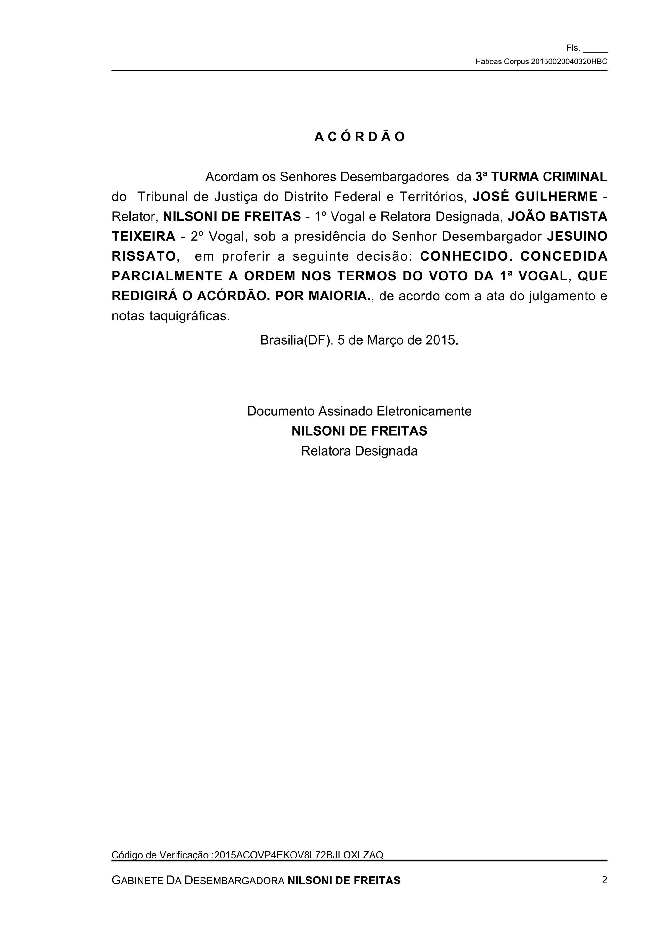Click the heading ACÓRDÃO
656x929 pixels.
tap(359, 137)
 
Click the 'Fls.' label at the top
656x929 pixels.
tap(573, 48)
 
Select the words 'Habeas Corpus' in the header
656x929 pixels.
tap(502, 62)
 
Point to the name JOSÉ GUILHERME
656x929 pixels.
tap(535, 197)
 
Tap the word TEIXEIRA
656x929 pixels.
tap(143, 236)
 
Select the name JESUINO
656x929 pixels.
tap(577, 236)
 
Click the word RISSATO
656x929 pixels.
tap(145, 256)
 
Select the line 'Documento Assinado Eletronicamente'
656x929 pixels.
tap(359, 411)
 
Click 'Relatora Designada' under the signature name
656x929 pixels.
tap(359, 451)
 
